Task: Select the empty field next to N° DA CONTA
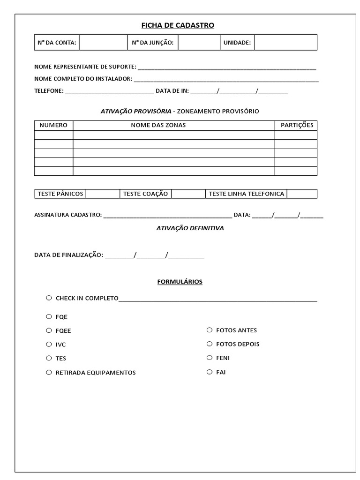(103, 43)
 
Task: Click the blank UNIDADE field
(285, 43)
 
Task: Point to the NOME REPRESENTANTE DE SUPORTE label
(85, 67)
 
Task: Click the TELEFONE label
(49, 91)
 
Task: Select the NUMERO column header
(53, 125)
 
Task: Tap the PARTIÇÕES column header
(297, 125)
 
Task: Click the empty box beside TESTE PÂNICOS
(103, 194)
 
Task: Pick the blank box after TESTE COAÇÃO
(188, 194)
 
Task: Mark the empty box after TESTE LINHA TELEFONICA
(302, 194)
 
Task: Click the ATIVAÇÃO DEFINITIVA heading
(190, 228)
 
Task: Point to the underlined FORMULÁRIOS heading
(180, 282)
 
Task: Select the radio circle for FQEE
(49, 330)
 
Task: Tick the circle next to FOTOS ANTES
(210, 330)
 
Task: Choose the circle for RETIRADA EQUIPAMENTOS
(49, 373)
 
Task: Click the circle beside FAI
(210, 372)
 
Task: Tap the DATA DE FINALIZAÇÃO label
(68, 255)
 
